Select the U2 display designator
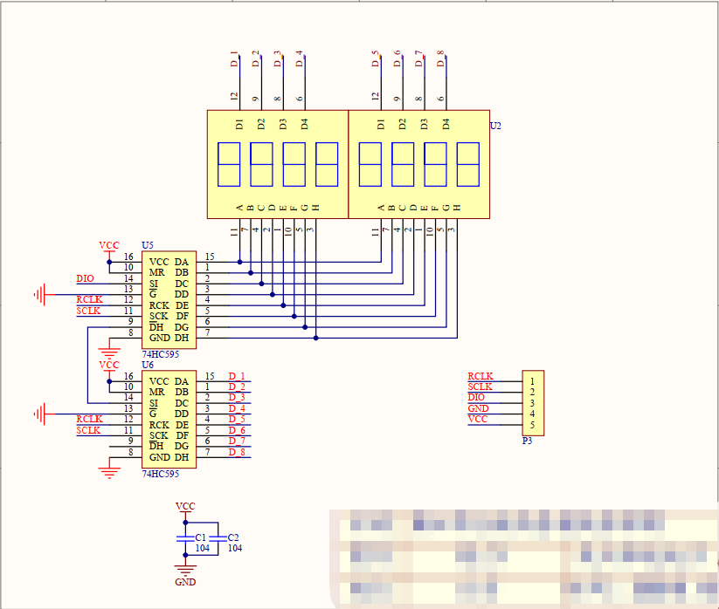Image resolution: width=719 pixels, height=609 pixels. click(495, 127)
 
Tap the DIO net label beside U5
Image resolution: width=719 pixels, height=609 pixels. click(85, 278)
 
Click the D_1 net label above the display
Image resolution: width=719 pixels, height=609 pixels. click(234, 59)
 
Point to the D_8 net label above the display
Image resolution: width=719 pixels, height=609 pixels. click(441, 59)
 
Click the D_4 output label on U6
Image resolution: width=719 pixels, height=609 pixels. click(237, 408)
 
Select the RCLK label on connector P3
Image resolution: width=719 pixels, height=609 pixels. click(480, 376)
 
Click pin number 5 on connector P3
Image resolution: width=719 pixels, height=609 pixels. click(531, 425)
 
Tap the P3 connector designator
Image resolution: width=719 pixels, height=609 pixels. click(527, 441)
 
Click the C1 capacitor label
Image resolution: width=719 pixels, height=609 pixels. click(201, 537)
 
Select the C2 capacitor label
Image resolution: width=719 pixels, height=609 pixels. click(233, 537)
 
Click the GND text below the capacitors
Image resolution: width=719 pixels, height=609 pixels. click(185, 582)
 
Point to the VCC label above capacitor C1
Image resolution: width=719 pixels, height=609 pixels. click(185, 506)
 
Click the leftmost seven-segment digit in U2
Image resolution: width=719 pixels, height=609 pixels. click(228, 164)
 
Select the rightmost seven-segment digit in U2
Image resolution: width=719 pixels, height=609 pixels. click(467, 164)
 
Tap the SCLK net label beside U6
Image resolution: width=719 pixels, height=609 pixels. click(88, 430)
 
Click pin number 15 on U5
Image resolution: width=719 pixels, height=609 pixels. click(210, 257)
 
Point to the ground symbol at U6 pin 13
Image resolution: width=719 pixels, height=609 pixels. click(39, 413)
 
